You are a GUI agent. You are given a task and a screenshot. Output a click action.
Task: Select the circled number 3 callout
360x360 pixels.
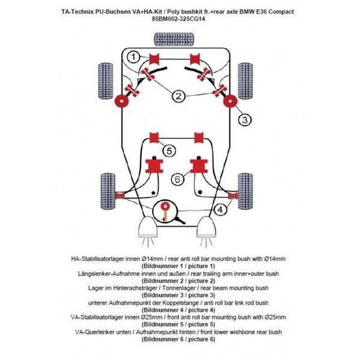(244, 120)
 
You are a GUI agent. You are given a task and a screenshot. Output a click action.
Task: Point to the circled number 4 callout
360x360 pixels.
(222, 209)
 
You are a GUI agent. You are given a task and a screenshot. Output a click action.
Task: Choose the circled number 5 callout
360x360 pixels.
(170, 151)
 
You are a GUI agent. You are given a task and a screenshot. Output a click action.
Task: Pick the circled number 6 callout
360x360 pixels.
(178, 178)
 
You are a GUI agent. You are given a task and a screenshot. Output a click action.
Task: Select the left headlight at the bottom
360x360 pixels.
(147, 229)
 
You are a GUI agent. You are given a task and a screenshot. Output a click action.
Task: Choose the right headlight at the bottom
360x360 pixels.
(208, 229)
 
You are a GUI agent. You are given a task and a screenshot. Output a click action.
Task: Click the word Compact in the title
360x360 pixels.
(280, 11)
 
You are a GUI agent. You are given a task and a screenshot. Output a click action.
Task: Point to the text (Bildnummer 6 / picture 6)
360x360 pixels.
(178, 339)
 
